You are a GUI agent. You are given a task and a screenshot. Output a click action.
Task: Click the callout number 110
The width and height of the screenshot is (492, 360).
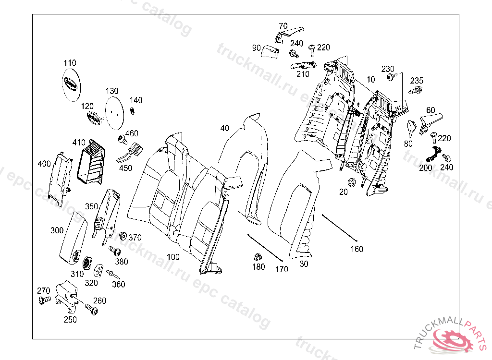click(x=70, y=63)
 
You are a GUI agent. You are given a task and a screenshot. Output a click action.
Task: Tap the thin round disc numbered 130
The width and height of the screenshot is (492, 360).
click(x=114, y=113)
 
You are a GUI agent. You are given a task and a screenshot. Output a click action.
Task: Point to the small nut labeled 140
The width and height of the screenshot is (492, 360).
click(x=133, y=111)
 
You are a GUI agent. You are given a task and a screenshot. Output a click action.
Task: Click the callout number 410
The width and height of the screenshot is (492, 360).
click(x=79, y=143)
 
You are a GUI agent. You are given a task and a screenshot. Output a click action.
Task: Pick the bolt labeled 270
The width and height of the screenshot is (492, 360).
click(x=45, y=300)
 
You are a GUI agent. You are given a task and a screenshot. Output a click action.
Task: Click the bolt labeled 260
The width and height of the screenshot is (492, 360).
click(x=91, y=309)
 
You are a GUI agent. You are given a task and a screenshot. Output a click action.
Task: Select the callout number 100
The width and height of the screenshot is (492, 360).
click(x=173, y=257)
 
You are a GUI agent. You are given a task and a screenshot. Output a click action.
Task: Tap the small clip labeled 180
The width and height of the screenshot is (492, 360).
click(x=258, y=257)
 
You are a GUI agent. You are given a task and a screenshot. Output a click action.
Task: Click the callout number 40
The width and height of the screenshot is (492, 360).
click(x=225, y=128)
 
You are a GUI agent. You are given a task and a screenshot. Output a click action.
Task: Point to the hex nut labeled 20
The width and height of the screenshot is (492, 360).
click(x=351, y=181)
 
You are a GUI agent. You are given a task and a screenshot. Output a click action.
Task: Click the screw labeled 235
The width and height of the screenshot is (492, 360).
click(x=415, y=91)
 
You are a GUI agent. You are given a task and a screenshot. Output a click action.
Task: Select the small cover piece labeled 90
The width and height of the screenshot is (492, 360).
click(x=270, y=51)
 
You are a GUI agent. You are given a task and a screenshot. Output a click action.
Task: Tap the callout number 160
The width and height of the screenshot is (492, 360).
click(x=357, y=249)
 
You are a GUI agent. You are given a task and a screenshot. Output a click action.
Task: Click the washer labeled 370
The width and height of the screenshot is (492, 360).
click(x=123, y=235)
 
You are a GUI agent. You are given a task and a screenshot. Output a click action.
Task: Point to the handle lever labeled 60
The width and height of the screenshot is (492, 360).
click(x=430, y=122)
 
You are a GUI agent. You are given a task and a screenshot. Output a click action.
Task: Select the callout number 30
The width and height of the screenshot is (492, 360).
click(x=304, y=264)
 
